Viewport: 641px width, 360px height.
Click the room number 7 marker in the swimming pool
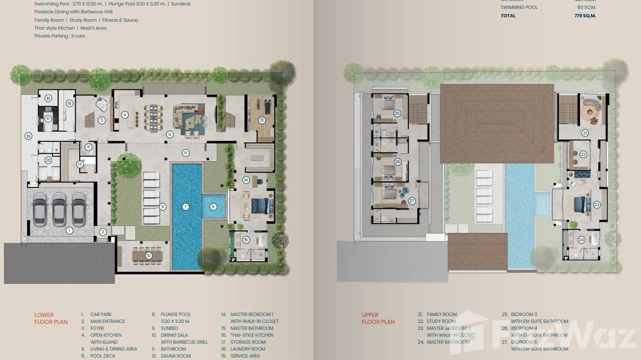pos(186,207)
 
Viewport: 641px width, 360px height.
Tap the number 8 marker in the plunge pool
pos(214,207)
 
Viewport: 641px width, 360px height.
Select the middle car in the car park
pos(59,209)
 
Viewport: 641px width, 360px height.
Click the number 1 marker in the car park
pos(69,231)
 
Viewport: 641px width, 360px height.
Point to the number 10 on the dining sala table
pos(149,256)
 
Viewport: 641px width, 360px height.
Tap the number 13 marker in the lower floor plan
pos(262,120)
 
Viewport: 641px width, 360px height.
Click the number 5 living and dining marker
pos(170,135)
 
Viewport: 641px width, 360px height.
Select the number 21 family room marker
pos(585,133)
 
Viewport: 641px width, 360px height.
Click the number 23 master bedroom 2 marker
pos(597,204)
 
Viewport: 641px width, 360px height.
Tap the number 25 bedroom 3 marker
pos(397,113)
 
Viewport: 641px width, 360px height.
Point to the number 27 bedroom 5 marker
pos(412,201)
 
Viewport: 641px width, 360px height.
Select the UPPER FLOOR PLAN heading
pos(378,318)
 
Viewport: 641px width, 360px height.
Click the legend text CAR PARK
pos(101,315)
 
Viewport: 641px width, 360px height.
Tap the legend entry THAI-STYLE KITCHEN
pos(252,335)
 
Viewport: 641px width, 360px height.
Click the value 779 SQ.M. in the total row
pos(585,16)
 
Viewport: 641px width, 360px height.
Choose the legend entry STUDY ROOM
pos(441,321)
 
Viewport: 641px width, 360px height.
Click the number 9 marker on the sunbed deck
pos(163,207)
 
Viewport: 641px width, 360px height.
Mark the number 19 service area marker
pos(28,137)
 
